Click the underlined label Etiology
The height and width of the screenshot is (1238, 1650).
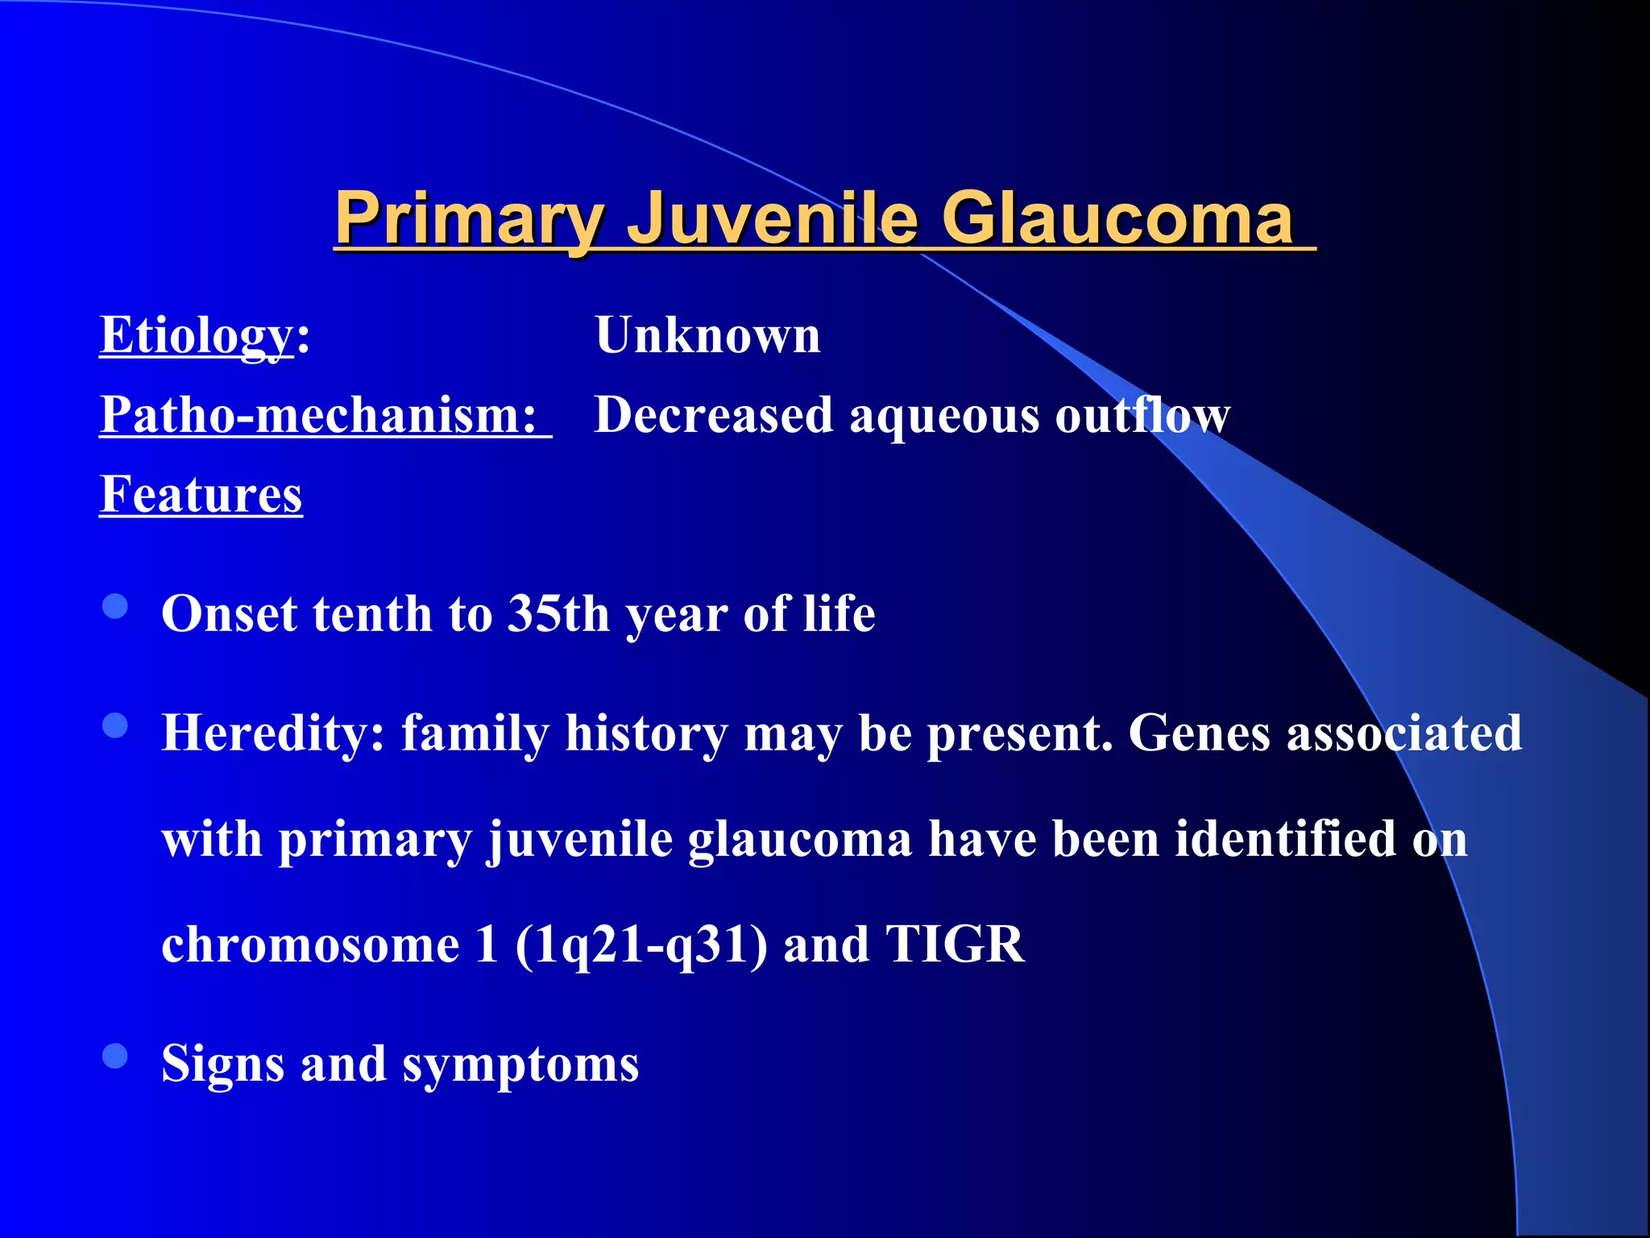pyautogui.click(x=196, y=334)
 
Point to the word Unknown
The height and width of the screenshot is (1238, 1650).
pyautogui.click(x=707, y=334)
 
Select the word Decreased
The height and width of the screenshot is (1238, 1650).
pyautogui.click(x=713, y=414)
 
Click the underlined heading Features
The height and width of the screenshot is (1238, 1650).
pyautogui.click(x=201, y=493)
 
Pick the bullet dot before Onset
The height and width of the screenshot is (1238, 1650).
pyautogui.click(x=116, y=607)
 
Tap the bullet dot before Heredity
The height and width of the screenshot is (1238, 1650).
pyautogui.click(x=116, y=725)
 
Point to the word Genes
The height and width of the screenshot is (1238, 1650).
pyautogui.click(x=1199, y=733)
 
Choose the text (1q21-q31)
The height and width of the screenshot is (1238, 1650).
pyautogui.click(x=641, y=944)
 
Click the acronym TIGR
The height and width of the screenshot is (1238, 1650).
pyautogui.click(x=955, y=944)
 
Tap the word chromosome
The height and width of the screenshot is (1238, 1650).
pyautogui.click(x=310, y=944)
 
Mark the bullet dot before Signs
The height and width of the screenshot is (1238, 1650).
pyautogui.click(x=116, y=1056)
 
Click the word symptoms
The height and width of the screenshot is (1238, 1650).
pyautogui.click(x=520, y=1064)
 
